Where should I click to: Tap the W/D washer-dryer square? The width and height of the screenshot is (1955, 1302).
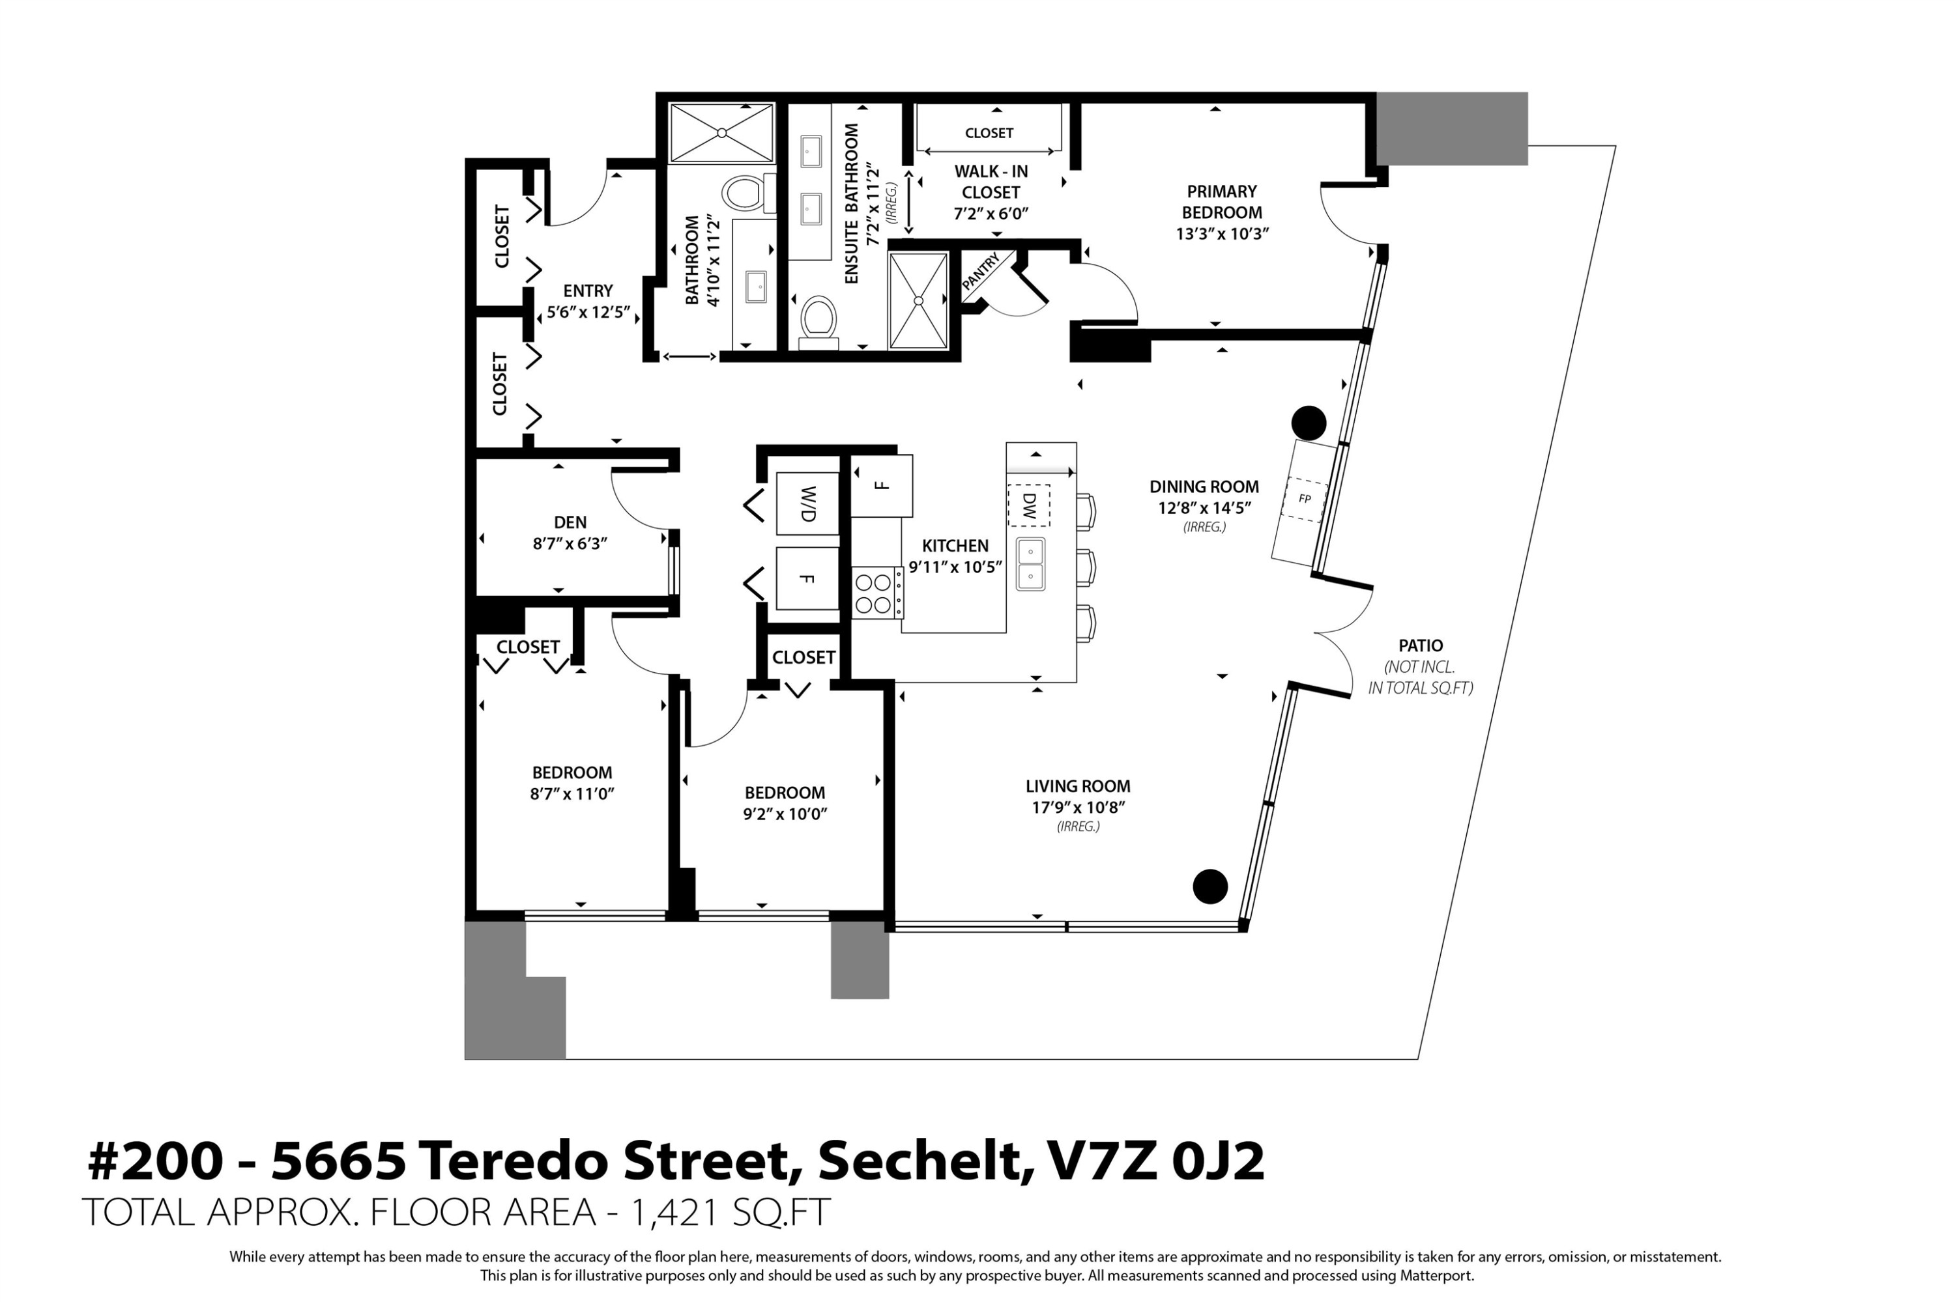point(807,503)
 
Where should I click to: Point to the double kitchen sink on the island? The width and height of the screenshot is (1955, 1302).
point(1030,564)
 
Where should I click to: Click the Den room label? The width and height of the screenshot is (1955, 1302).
point(570,522)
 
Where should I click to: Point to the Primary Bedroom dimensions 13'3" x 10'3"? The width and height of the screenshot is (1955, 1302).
point(1222,234)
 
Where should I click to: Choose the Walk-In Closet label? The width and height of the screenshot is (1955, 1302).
point(991,182)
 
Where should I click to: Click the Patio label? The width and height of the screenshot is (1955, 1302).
point(1420,645)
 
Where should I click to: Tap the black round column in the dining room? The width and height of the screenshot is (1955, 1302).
point(1309,423)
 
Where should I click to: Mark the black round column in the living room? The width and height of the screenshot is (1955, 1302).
point(1209,886)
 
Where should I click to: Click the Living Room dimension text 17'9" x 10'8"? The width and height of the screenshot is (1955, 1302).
point(1078,807)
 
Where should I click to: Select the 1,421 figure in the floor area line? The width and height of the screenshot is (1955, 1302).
point(674,1212)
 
